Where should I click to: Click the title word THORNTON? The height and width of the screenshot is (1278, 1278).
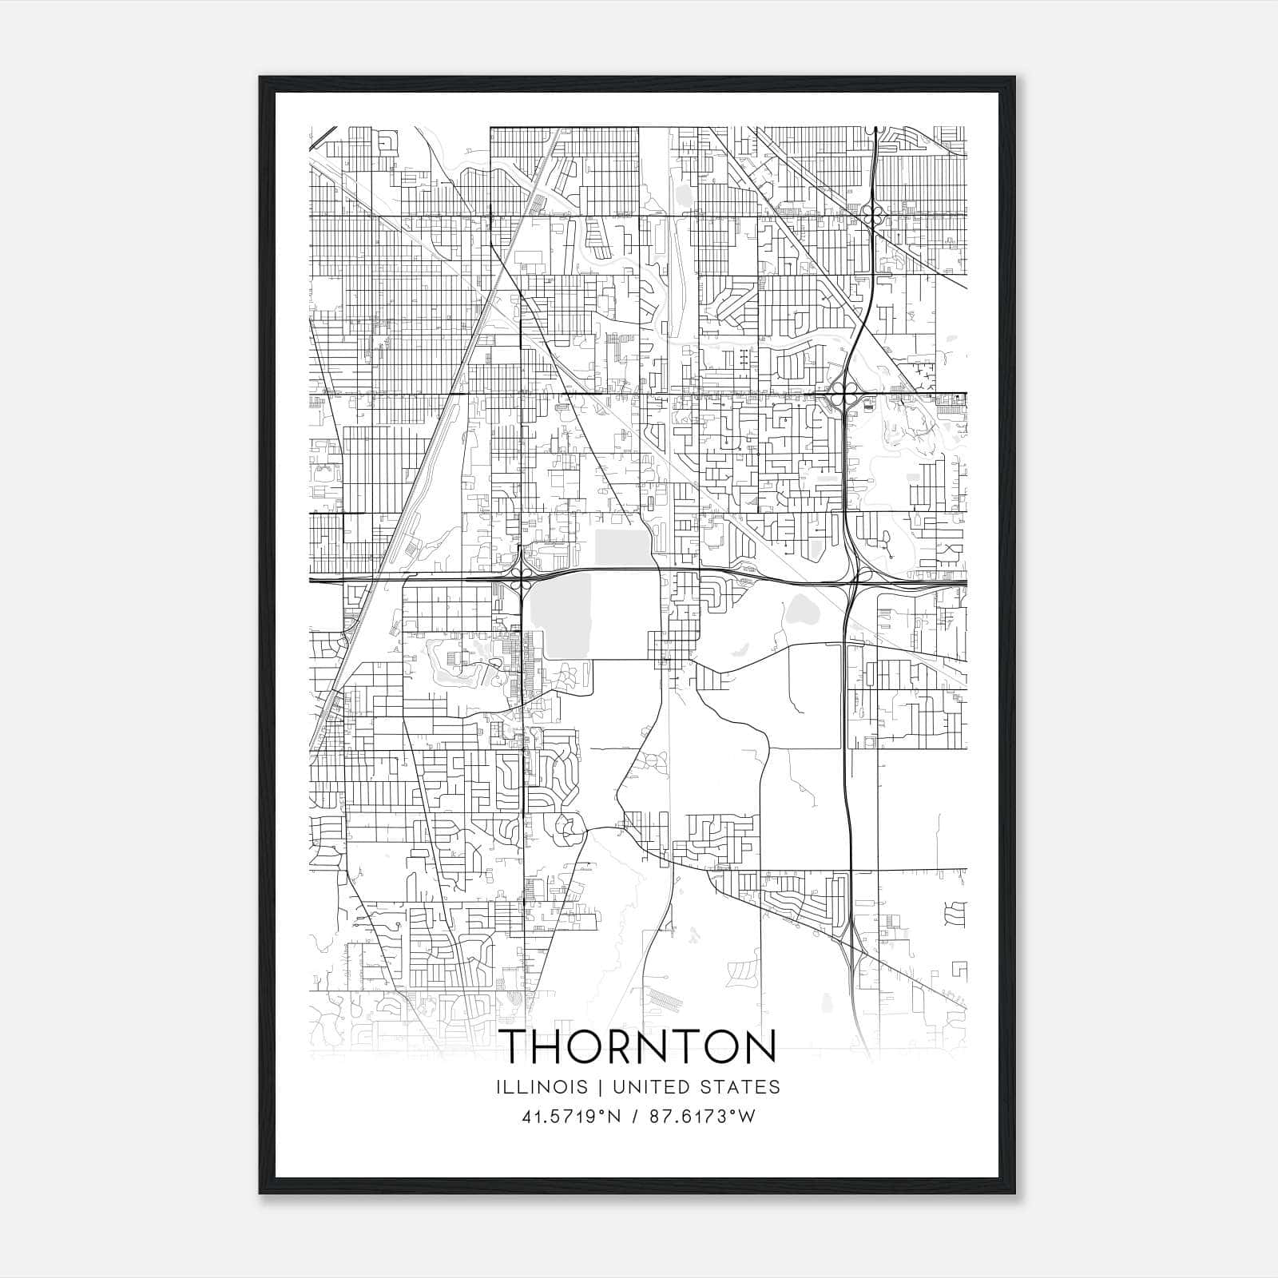tap(639, 1046)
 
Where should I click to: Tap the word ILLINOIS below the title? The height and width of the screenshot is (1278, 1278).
tap(542, 1087)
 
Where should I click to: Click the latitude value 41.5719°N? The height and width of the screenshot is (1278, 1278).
tap(570, 1116)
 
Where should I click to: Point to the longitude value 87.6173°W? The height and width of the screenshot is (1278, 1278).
tap(701, 1116)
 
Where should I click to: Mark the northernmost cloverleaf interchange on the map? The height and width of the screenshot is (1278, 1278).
tap(873, 216)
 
